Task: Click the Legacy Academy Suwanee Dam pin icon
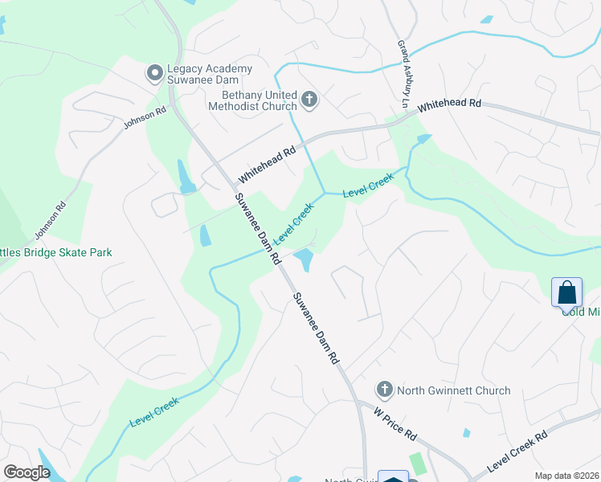pos(154,75)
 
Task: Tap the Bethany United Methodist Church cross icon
pos(309,100)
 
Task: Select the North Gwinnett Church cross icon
pos(384,390)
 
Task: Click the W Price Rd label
pos(395,423)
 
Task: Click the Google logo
pos(27,472)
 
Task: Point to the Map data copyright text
pos(566,476)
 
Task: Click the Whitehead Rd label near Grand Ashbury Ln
pos(449,104)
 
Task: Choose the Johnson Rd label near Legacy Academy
pos(145,119)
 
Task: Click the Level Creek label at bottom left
pos(153,415)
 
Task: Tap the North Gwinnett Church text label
pos(454,390)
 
